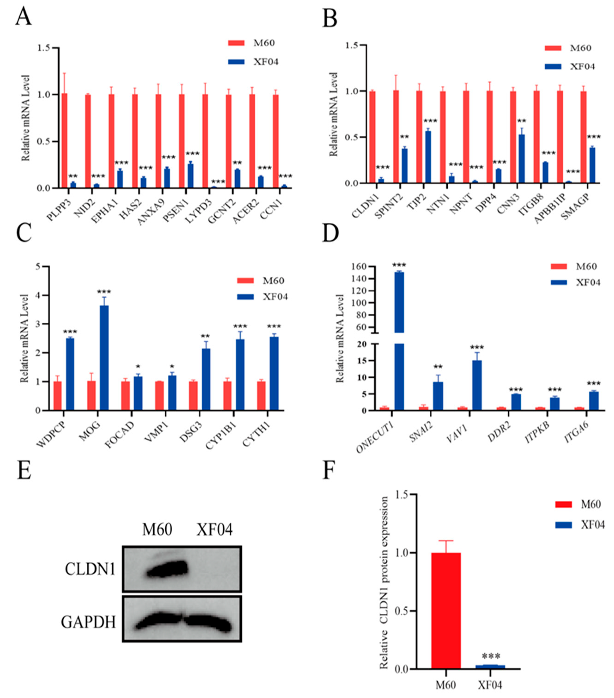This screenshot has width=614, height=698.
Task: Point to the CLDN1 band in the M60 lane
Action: coord(167,569)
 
